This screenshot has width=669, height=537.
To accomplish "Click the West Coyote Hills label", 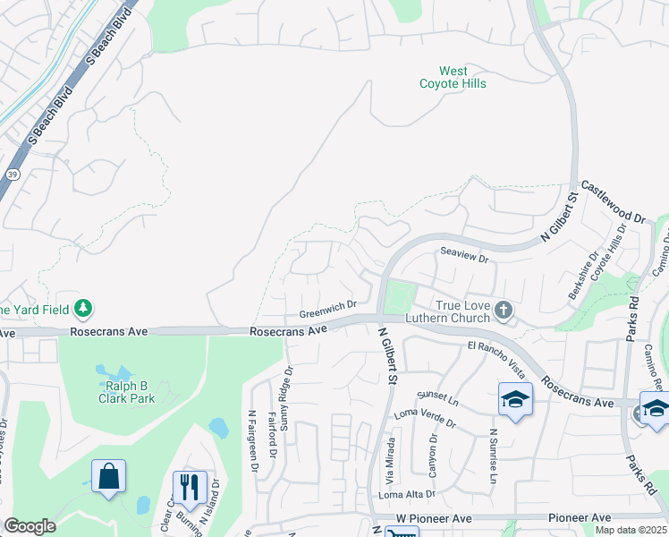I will coord(453,77).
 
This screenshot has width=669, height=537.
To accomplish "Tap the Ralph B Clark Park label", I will coord(125,392).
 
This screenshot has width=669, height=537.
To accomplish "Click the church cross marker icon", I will coord(504,311).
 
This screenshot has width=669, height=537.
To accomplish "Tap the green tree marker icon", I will coord(84,309).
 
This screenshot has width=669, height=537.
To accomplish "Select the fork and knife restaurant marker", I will coord(189,487).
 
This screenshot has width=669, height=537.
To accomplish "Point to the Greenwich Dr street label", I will coord(327,310).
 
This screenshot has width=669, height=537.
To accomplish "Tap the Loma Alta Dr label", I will coord(407,494).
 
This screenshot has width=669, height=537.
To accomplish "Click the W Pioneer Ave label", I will coord(433,519).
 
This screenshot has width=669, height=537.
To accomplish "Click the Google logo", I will coord(30,526).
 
